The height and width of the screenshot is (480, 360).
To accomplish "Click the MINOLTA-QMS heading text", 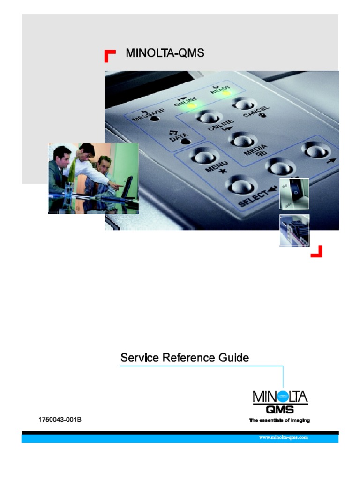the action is coord(165,53).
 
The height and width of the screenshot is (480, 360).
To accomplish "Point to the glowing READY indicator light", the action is coord(226,92).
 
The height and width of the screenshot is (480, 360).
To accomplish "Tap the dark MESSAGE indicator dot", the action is coord(155,118).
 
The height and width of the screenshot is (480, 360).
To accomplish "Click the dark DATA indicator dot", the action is coord(186,142).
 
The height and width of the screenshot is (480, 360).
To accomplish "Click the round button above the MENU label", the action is coord(203,157).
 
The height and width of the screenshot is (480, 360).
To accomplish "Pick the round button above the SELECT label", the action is coord(240,186).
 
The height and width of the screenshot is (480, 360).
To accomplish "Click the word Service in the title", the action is coord(140,358).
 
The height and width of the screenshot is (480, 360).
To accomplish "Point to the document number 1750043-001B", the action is coord(60,420).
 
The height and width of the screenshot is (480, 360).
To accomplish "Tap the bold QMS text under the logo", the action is coord(280,410).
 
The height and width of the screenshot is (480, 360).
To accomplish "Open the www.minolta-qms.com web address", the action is coord(284,437).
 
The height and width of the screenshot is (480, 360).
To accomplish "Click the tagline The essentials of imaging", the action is coord(279,420).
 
